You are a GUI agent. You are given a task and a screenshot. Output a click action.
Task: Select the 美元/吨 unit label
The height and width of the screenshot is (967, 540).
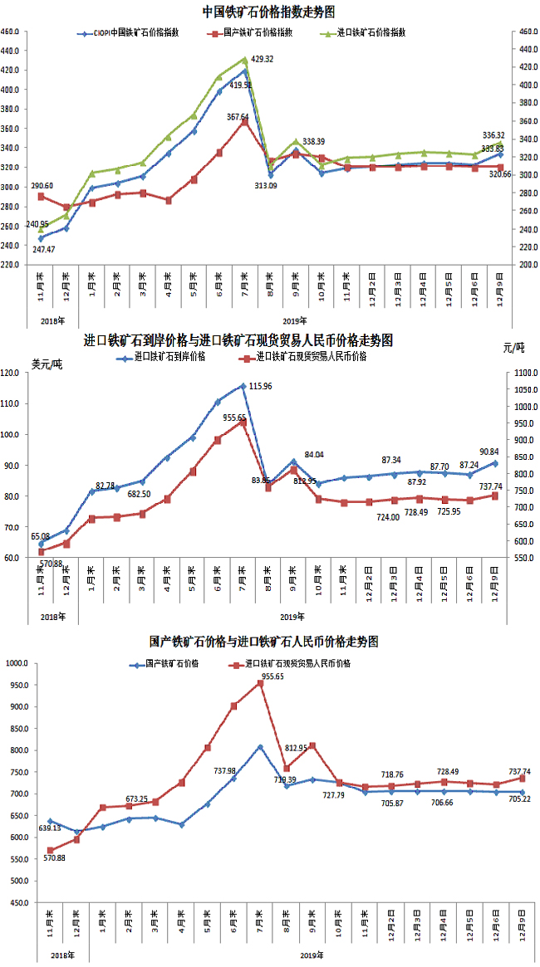tap(46, 363)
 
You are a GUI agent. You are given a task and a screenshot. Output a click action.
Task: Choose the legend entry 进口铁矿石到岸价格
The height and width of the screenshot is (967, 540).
tap(163, 357)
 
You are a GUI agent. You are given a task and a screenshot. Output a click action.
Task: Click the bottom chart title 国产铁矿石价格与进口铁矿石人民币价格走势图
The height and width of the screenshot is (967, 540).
tap(264, 642)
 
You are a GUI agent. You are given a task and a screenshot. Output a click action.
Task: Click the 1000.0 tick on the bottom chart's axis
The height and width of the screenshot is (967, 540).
tap(17, 664)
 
